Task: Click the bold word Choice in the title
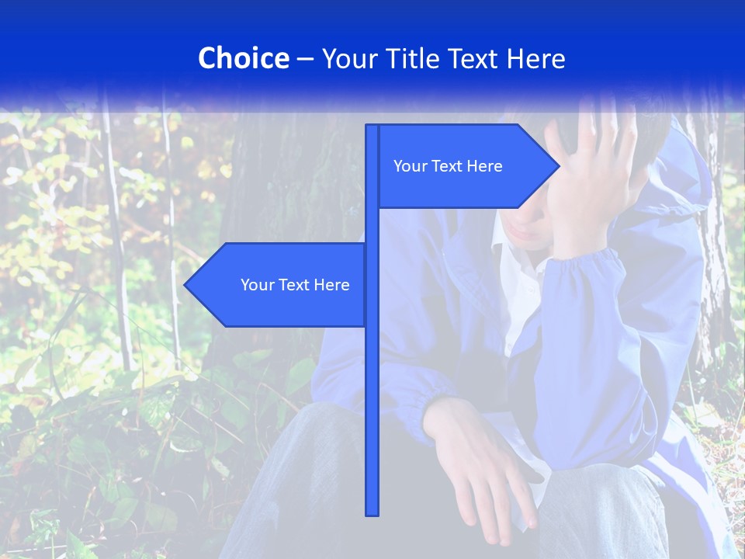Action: [x=243, y=58]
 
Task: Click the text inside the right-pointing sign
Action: [x=448, y=166]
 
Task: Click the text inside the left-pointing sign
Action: [x=295, y=285]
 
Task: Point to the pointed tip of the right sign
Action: [x=558, y=166]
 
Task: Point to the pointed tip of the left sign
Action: [x=185, y=285]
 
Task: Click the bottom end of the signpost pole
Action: [x=372, y=513]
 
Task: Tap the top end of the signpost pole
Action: [x=372, y=127]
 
